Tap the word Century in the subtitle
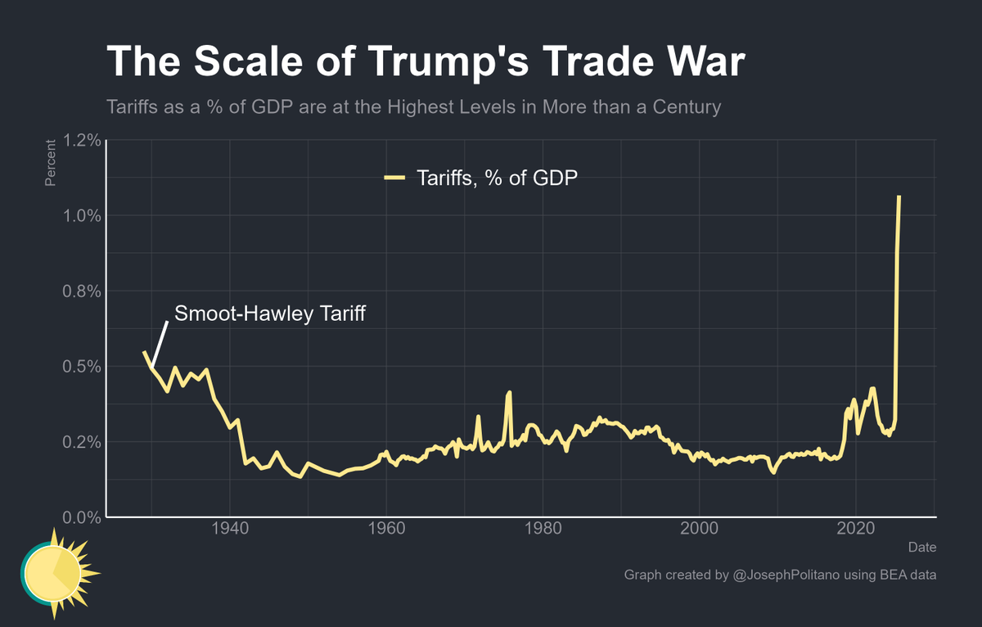tap(685, 107)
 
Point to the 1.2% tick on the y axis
tap(82, 141)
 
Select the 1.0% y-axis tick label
tap(82, 216)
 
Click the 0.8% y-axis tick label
tap(82, 291)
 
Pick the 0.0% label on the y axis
tap(82, 517)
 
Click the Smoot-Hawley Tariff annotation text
tap(269, 313)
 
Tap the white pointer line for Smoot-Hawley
tap(160, 344)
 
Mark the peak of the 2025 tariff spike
tap(899, 197)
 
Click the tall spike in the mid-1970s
tap(510, 393)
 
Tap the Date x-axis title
tap(921, 547)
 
